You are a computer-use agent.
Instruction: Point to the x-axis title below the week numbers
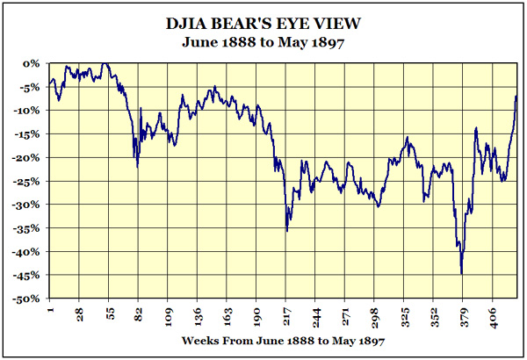point(283,339)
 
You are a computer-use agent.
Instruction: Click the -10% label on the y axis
point(29,111)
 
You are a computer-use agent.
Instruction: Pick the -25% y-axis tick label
point(29,181)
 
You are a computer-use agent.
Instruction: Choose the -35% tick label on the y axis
point(29,228)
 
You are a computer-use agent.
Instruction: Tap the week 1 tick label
point(51,311)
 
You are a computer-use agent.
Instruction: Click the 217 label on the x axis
point(286,314)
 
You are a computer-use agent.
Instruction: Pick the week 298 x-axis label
point(375,314)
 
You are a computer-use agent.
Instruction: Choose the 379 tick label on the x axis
point(464,314)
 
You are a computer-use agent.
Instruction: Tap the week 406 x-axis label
point(493,314)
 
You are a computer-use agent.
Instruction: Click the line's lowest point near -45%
point(461,273)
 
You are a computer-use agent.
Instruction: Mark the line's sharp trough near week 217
point(287,231)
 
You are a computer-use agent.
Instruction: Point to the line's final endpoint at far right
point(516,96)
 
